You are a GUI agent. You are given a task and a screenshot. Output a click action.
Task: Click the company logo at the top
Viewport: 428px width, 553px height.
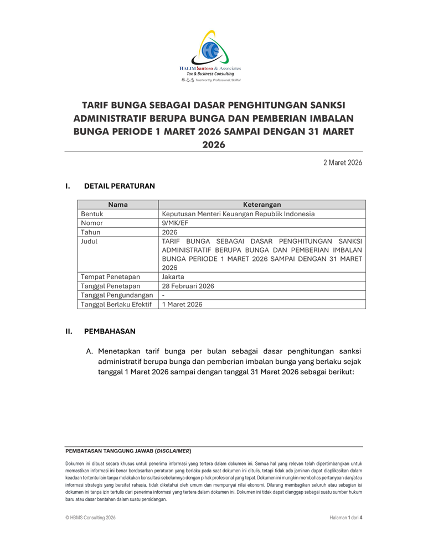pos(214,55)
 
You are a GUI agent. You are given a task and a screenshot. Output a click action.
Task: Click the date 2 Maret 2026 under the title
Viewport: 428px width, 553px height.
pos(343,163)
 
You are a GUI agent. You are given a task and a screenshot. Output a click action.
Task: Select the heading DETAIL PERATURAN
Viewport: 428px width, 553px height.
pos(119,186)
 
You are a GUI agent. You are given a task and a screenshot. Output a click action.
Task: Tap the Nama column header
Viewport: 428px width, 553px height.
pos(118,205)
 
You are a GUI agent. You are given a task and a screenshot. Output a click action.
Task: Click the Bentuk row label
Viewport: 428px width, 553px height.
pos(92,214)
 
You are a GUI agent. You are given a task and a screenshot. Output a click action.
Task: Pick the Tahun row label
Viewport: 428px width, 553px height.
pos(91,232)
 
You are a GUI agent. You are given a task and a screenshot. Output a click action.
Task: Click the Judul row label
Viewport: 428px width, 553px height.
pos(89,241)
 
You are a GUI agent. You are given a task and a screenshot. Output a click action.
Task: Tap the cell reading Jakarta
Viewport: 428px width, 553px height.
pos(173,276)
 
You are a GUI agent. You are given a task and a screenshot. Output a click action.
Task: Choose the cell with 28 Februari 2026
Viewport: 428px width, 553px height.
pos(188,286)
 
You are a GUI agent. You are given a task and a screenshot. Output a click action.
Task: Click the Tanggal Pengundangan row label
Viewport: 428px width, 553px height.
pos(117,295)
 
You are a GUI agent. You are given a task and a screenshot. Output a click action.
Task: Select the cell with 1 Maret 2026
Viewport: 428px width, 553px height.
pos(182,304)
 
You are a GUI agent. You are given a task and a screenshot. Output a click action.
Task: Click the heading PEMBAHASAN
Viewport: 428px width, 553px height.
pos(110,332)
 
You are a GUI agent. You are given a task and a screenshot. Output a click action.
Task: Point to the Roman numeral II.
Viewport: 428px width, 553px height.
pos(69,332)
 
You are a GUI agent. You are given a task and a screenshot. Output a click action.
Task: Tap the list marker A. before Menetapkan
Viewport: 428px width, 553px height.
pos(89,351)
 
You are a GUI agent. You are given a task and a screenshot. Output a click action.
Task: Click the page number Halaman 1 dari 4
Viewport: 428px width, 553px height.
pos(346,518)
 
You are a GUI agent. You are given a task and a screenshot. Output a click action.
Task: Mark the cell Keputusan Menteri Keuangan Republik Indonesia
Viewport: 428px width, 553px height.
pos(238,214)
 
